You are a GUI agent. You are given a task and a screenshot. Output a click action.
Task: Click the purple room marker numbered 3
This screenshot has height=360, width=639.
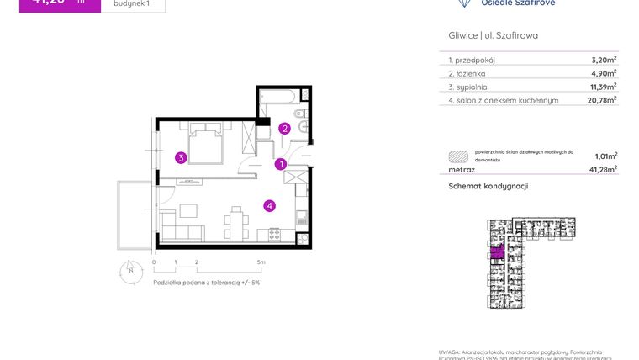(181, 156)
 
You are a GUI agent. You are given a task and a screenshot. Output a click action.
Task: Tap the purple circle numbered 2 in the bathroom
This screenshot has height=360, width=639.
(285, 129)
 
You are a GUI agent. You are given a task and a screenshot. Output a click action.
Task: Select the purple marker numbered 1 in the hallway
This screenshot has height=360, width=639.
(282, 164)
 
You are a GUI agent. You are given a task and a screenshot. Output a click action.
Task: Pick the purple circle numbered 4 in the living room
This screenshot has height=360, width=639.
(269, 204)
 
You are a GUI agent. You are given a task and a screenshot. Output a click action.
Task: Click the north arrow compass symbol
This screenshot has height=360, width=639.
(130, 271)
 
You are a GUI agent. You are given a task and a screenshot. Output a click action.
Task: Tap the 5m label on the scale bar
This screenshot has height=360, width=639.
(261, 262)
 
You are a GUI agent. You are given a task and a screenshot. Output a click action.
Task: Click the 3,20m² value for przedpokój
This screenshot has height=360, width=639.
(604, 60)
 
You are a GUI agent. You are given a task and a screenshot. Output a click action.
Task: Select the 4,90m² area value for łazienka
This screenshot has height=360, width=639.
(604, 73)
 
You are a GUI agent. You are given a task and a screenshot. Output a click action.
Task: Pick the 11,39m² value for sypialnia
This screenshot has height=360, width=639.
(602, 86)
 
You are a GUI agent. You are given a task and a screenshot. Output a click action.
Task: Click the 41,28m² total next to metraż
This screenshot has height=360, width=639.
(602, 169)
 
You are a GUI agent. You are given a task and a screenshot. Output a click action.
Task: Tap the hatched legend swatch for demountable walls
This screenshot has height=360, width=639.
(457, 156)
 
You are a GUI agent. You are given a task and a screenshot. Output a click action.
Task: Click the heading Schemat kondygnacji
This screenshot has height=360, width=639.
(488, 186)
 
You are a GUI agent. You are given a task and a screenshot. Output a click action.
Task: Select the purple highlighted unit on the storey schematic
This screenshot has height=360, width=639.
(497, 251)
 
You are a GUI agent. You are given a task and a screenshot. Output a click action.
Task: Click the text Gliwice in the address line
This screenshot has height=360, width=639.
(462, 36)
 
